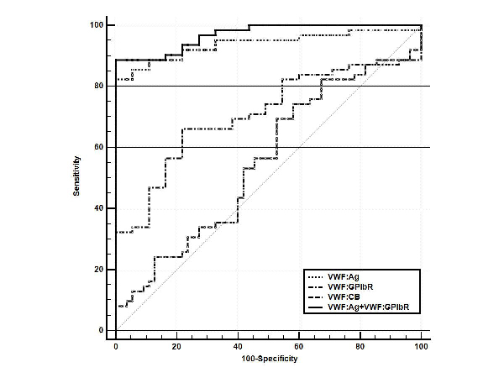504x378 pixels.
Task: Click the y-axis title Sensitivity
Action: coord(76,176)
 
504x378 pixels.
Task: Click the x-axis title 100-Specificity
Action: coord(268,358)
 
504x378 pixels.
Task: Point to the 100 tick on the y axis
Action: coord(97,25)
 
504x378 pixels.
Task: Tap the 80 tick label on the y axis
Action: coord(99,87)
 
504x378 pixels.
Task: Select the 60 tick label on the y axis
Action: coord(99,148)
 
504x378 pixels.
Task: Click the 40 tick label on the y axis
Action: coord(99,208)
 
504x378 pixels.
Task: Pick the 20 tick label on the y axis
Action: coord(99,270)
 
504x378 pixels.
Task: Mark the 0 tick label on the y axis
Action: coord(102,330)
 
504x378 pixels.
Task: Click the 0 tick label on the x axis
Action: coord(116,345)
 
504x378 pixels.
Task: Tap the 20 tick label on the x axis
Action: coord(177,345)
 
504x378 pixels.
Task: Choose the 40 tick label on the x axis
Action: coord(238,345)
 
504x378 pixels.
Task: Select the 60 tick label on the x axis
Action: coord(299,345)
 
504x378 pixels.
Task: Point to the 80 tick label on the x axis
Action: coord(360,345)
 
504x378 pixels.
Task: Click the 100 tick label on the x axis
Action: coord(420,345)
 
